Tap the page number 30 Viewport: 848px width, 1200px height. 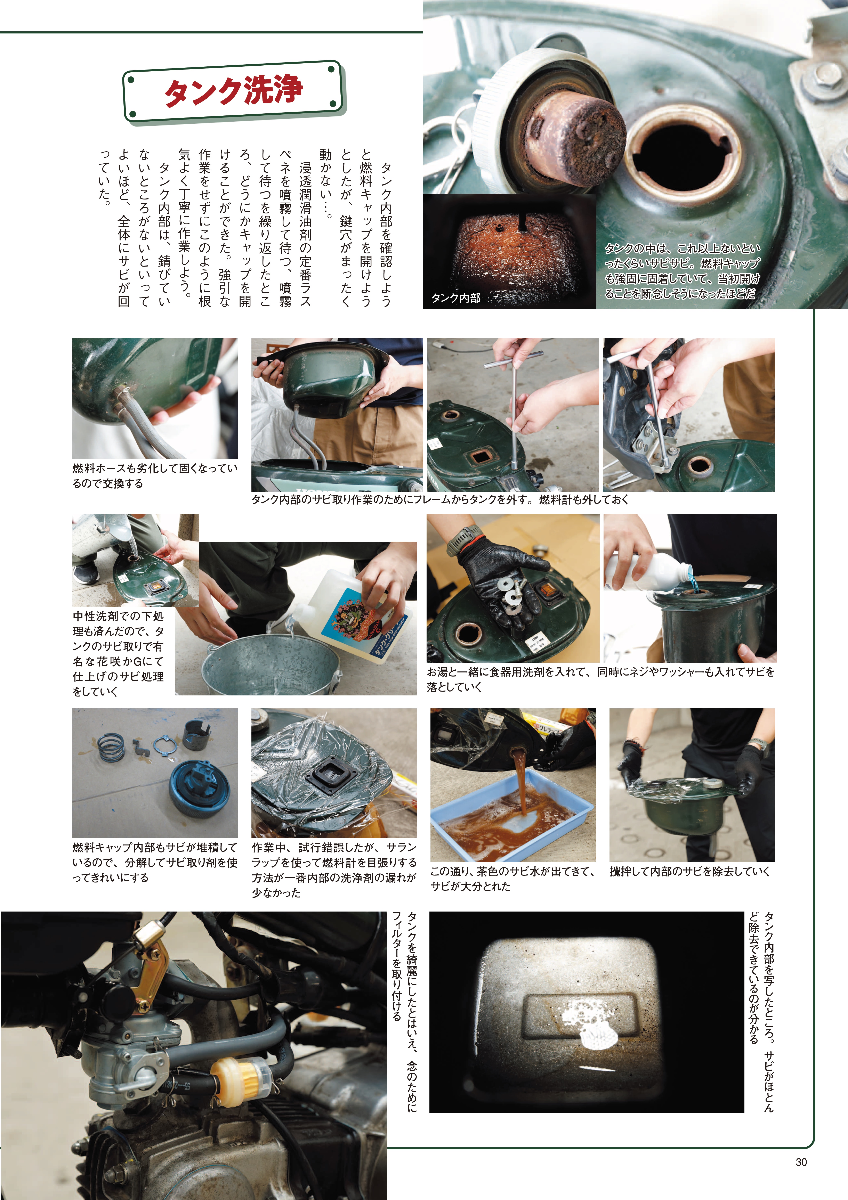pyautogui.click(x=801, y=1162)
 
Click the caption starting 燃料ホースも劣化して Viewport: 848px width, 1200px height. pyautogui.click(x=155, y=476)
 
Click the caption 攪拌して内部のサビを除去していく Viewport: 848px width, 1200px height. pyautogui.click(x=689, y=871)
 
